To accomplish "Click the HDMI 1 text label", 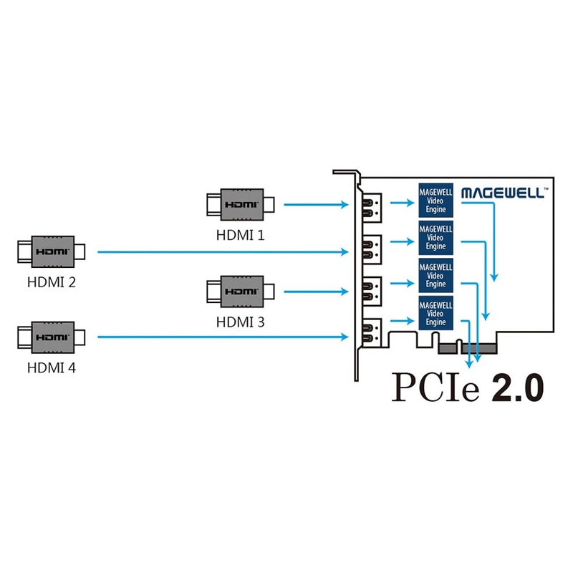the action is [240, 235].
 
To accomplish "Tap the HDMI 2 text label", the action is [51, 282].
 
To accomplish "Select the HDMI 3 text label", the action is [240, 322].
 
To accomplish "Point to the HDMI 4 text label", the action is [51, 367].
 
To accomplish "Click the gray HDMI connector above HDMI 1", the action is [241, 205].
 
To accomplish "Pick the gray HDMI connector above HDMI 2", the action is [52, 252].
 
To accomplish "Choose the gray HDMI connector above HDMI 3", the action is [241, 292].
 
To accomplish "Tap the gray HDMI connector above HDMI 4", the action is [52, 337].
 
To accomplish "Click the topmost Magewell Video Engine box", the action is [435, 201].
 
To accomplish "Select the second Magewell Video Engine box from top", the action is [435, 238].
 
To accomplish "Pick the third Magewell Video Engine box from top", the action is [435, 276].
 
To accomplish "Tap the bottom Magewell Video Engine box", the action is [435, 313].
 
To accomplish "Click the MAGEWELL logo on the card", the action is [505, 193].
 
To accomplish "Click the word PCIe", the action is [435, 387].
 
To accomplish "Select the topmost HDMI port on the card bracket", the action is [372, 208].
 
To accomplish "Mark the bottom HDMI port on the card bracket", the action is [372, 332].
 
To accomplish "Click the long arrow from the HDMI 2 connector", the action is [223, 252].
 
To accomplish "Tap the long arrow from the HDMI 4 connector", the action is [223, 337].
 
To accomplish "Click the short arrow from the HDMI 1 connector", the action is [316, 205].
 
